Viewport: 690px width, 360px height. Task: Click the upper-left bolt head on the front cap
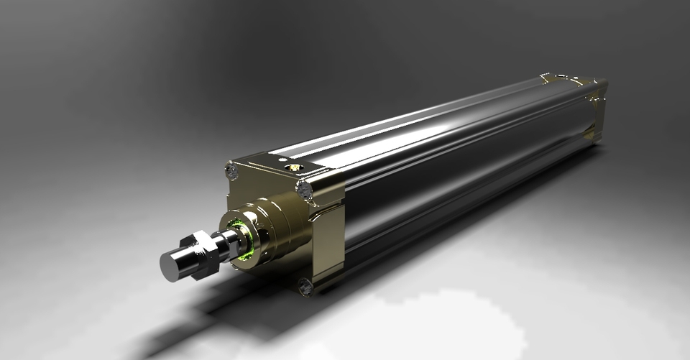click(231, 171)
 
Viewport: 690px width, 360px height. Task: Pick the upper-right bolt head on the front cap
click(304, 190)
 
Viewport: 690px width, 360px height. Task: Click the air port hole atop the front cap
click(293, 167)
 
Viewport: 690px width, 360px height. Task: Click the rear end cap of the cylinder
click(594, 108)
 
